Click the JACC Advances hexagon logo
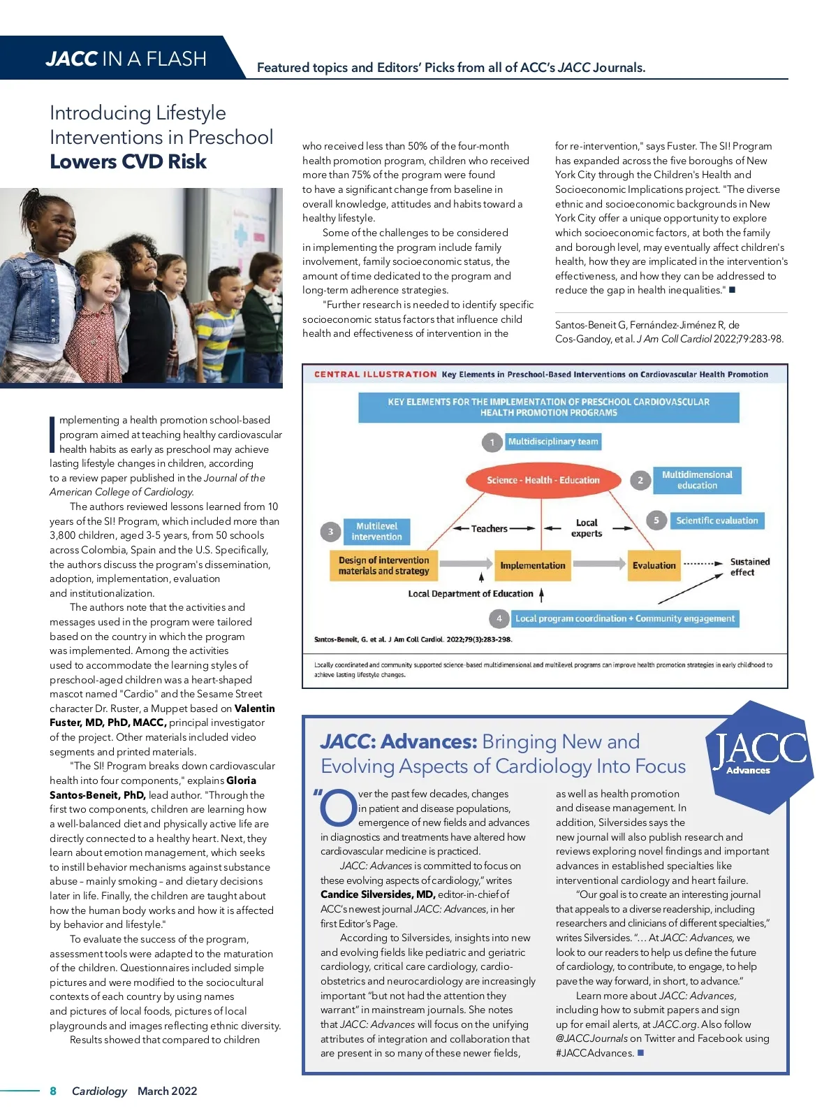(760, 756)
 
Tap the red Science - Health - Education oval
(543, 480)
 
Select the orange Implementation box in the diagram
(533, 565)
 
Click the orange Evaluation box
(654, 565)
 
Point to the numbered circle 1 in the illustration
(492, 442)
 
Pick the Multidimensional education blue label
(696, 480)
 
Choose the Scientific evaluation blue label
(716, 521)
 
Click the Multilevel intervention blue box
(376, 532)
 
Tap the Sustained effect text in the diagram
(749, 567)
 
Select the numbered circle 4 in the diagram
(499, 618)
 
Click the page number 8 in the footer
(53, 1091)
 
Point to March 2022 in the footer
(167, 1091)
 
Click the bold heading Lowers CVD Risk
(128, 162)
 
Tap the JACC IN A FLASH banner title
(126, 59)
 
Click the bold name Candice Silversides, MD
(378, 894)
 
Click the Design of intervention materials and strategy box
(383, 565)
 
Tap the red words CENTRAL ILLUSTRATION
(375, 375)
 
